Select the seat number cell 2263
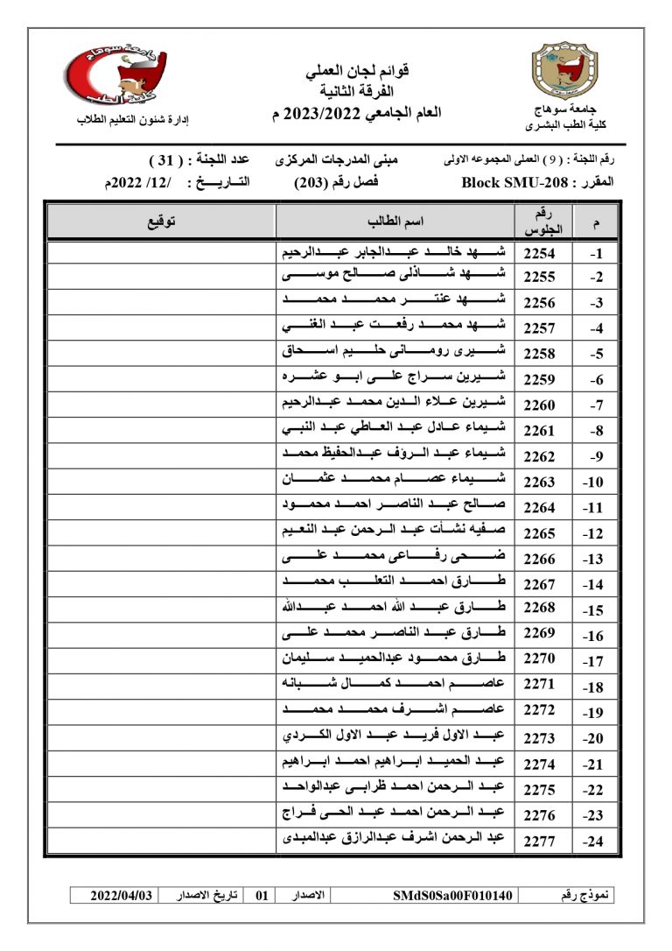(539, 482)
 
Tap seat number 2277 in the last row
(539, 841)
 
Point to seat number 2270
(539, 659)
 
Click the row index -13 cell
(595, 558)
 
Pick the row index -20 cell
(595, 738)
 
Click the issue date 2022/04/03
(122, 896)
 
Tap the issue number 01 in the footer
(261, 896)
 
